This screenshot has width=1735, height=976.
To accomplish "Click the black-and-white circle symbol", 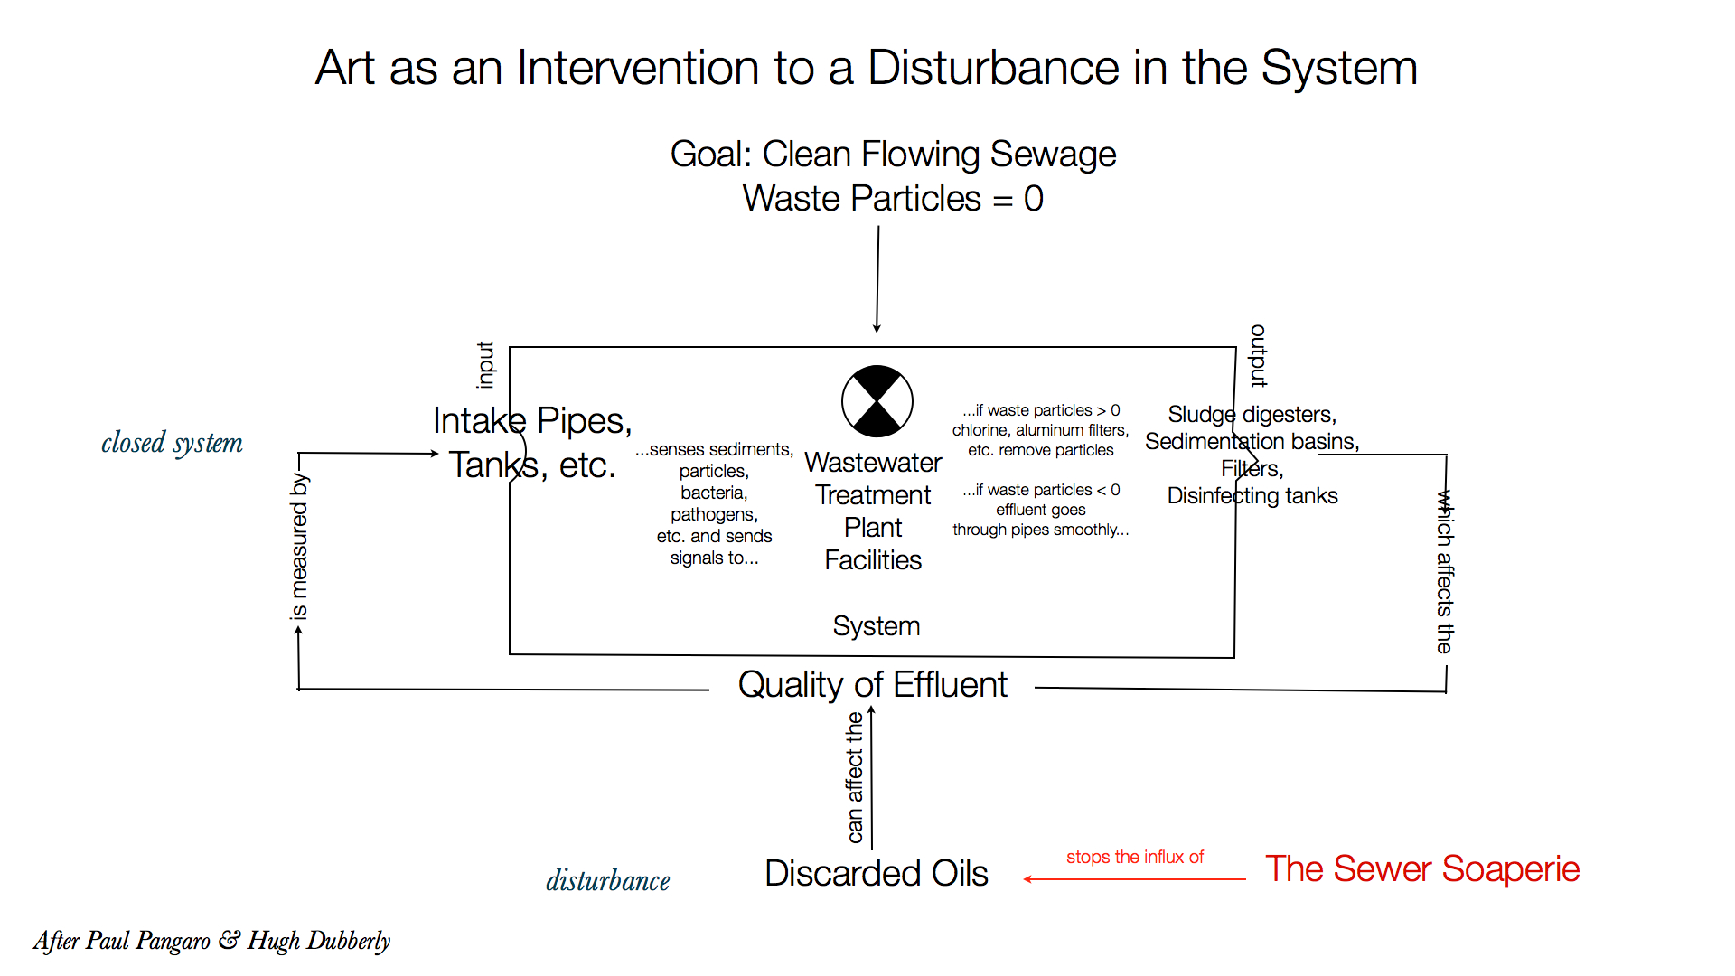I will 877,401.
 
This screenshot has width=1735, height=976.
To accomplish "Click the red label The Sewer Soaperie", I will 1421,869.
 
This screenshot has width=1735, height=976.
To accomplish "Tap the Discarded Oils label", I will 876,873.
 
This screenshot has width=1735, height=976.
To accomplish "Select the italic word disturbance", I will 607,880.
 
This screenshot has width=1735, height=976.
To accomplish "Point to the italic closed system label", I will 172,443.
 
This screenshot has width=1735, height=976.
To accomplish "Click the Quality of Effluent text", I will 872,685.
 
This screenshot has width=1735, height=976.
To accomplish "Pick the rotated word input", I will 485,365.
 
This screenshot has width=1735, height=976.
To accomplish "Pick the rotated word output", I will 1258,356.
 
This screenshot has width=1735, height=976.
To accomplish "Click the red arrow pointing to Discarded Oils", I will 1134,878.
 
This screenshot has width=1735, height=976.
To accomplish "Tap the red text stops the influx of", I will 1134,857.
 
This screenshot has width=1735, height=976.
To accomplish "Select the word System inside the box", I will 876,626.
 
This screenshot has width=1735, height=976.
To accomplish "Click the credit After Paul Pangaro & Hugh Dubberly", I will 211,941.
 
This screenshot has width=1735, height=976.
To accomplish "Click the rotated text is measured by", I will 299,547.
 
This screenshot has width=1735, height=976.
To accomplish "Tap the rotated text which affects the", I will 1445,571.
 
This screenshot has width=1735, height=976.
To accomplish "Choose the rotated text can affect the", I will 854,777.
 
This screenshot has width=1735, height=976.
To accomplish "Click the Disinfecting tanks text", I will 1252,496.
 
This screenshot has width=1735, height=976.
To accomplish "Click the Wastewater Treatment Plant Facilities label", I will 873,511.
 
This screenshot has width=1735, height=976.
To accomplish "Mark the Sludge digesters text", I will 1252,415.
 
